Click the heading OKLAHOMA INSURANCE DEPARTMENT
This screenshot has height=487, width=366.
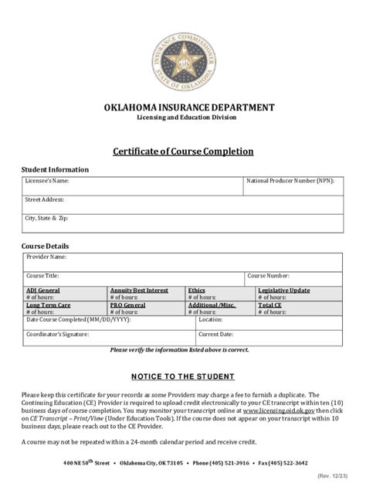click(182, 107)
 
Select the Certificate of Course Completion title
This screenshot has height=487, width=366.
click(183, 152)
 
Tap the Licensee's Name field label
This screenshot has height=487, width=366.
click(48, 180)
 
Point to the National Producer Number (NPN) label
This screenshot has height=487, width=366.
click(291, 180)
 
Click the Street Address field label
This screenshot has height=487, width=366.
click(45, 199)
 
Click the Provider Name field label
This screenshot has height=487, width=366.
click(47, 256)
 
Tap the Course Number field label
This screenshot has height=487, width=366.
click(269, 275)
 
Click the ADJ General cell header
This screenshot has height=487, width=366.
click(43, 290)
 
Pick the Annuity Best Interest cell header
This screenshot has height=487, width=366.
click(139, 290)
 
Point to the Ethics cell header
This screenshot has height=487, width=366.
click(197, 290)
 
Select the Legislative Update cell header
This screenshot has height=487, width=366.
click(284, 290)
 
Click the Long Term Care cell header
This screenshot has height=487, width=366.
click(49, 305)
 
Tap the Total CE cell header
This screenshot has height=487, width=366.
click(270, 305)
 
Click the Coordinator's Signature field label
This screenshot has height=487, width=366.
click(58, 335)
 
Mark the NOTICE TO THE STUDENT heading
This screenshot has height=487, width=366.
click(183, 376)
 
